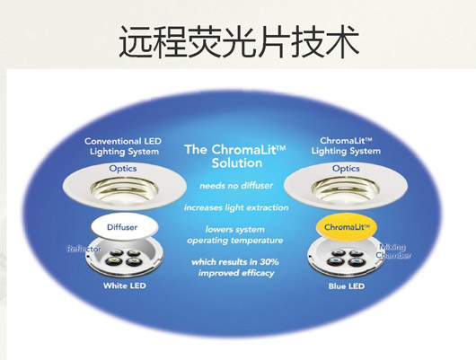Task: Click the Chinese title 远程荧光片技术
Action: coord(239,42)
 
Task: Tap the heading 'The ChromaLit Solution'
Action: coord(235,156)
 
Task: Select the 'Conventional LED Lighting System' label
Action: coord(123,146)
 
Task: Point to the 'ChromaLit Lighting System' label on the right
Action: coord(346,146)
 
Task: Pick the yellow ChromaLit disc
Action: coord(347,227)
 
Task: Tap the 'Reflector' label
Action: coord(84,250)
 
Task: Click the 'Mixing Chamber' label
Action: coord(393,251)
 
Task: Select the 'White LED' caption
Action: coord(125,285)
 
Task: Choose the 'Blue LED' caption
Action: coord(347,286)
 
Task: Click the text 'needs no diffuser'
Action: coord(236,186)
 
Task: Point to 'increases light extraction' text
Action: coord(236,207)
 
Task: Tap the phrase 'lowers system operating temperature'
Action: coord(235,234)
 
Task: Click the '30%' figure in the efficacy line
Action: coord(269,261)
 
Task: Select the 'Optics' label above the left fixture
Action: coord(123,169)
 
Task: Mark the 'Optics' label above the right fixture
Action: coord(346,169)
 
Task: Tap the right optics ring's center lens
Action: coord(346,190)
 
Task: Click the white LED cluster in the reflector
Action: coord(124,258)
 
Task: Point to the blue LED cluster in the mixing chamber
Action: coord(346,258)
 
